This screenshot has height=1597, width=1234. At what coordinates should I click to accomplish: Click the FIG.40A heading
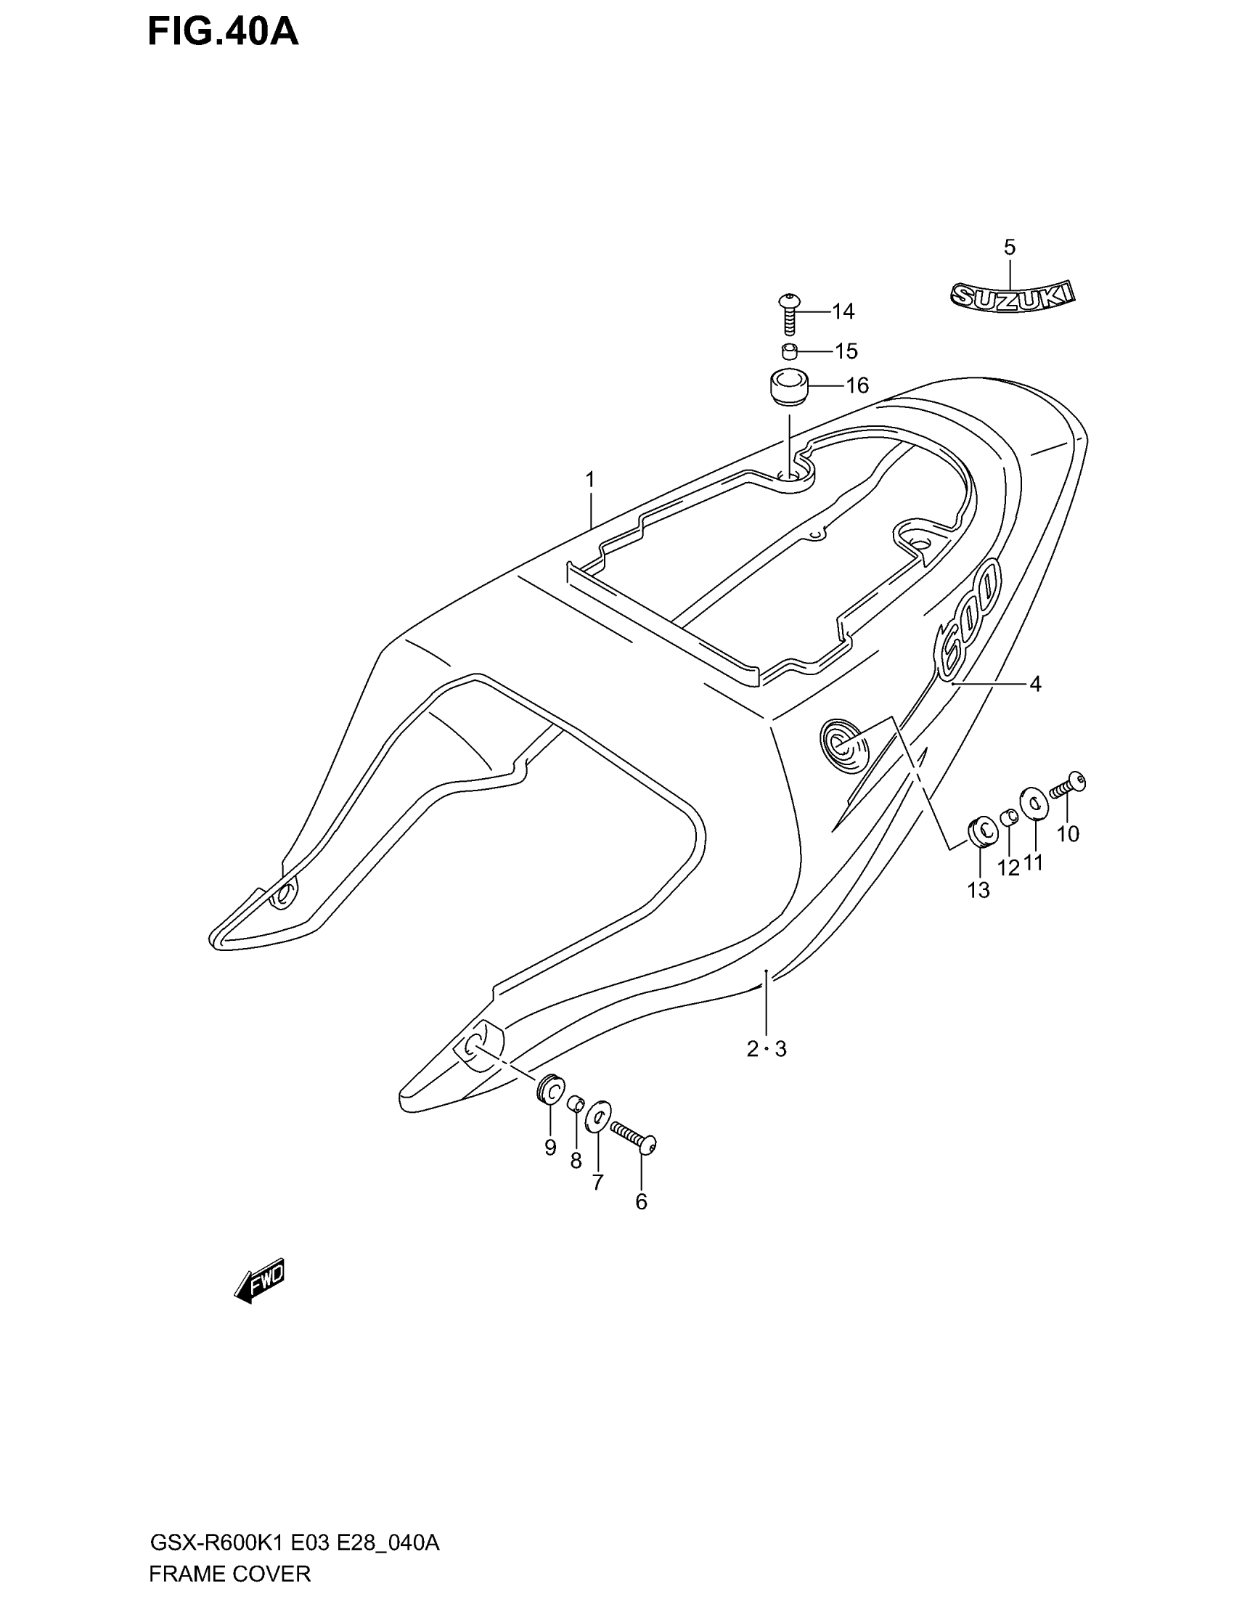[x=223, y=33]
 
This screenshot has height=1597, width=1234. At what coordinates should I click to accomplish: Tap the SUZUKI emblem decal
[x=1012, y=296]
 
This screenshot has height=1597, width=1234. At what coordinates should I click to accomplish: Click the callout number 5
[x=1010, y=247]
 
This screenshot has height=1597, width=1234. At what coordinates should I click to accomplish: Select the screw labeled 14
[x=790, y=313]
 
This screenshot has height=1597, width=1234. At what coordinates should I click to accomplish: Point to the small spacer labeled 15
[x=790, y=352]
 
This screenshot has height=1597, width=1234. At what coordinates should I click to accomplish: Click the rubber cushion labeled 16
[x=788, y=386]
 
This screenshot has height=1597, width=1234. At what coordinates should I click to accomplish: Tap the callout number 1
[x=590, y=481]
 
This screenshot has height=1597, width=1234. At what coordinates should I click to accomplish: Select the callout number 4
[x=1035, y=685]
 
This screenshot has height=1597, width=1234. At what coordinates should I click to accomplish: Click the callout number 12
[x=1009, y=868]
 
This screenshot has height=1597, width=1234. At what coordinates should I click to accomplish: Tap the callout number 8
[x=576, y=1161]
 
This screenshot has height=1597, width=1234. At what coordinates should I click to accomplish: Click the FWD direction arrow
[x=260, y=1281]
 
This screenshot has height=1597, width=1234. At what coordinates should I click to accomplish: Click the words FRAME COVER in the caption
[x=230, y=1574]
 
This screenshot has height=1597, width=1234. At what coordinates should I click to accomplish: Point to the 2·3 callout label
[x=766, y=1050]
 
